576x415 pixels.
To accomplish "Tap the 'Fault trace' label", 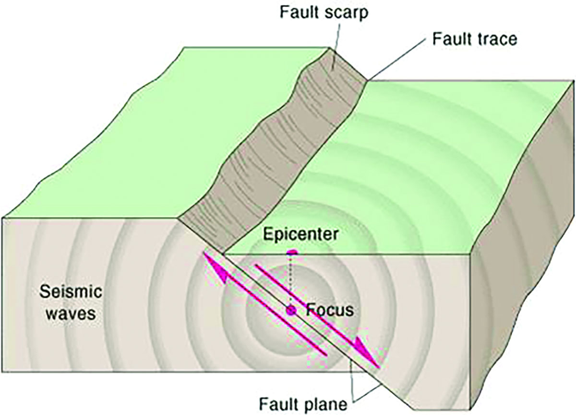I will [x=474, y=38].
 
